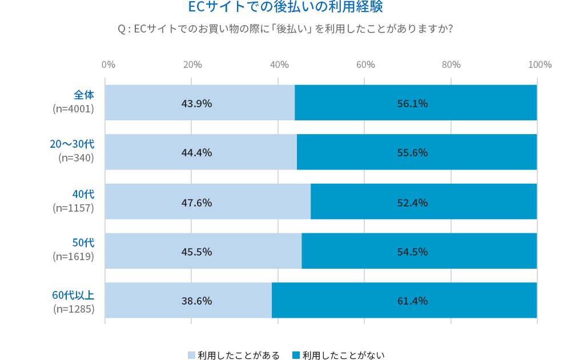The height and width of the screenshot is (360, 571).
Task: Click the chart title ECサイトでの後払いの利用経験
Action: click(x=285, y=7)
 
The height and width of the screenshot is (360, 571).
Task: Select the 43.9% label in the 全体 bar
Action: click(x=196, y=103)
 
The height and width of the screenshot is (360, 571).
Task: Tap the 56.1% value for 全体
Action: click(x=412, y=103)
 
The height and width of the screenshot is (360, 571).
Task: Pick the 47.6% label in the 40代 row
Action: click(x=196, y=203)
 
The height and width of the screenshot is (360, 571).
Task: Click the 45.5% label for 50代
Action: click(x=196, y=252)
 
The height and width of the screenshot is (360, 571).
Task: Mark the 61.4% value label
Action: click(x=412, y=301)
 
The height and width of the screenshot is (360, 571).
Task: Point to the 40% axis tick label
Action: click(x=279, y=64)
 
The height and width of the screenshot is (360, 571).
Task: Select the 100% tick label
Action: click(x=540, y=64)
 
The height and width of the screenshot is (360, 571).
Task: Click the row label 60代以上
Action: click(x=73, y=295)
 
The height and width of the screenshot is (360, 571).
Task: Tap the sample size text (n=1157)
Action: click(x=73, y=208)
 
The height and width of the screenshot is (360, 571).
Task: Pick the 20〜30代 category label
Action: click(x=72, y=144)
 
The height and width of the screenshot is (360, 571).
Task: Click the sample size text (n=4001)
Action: click(x=73, y=109)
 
